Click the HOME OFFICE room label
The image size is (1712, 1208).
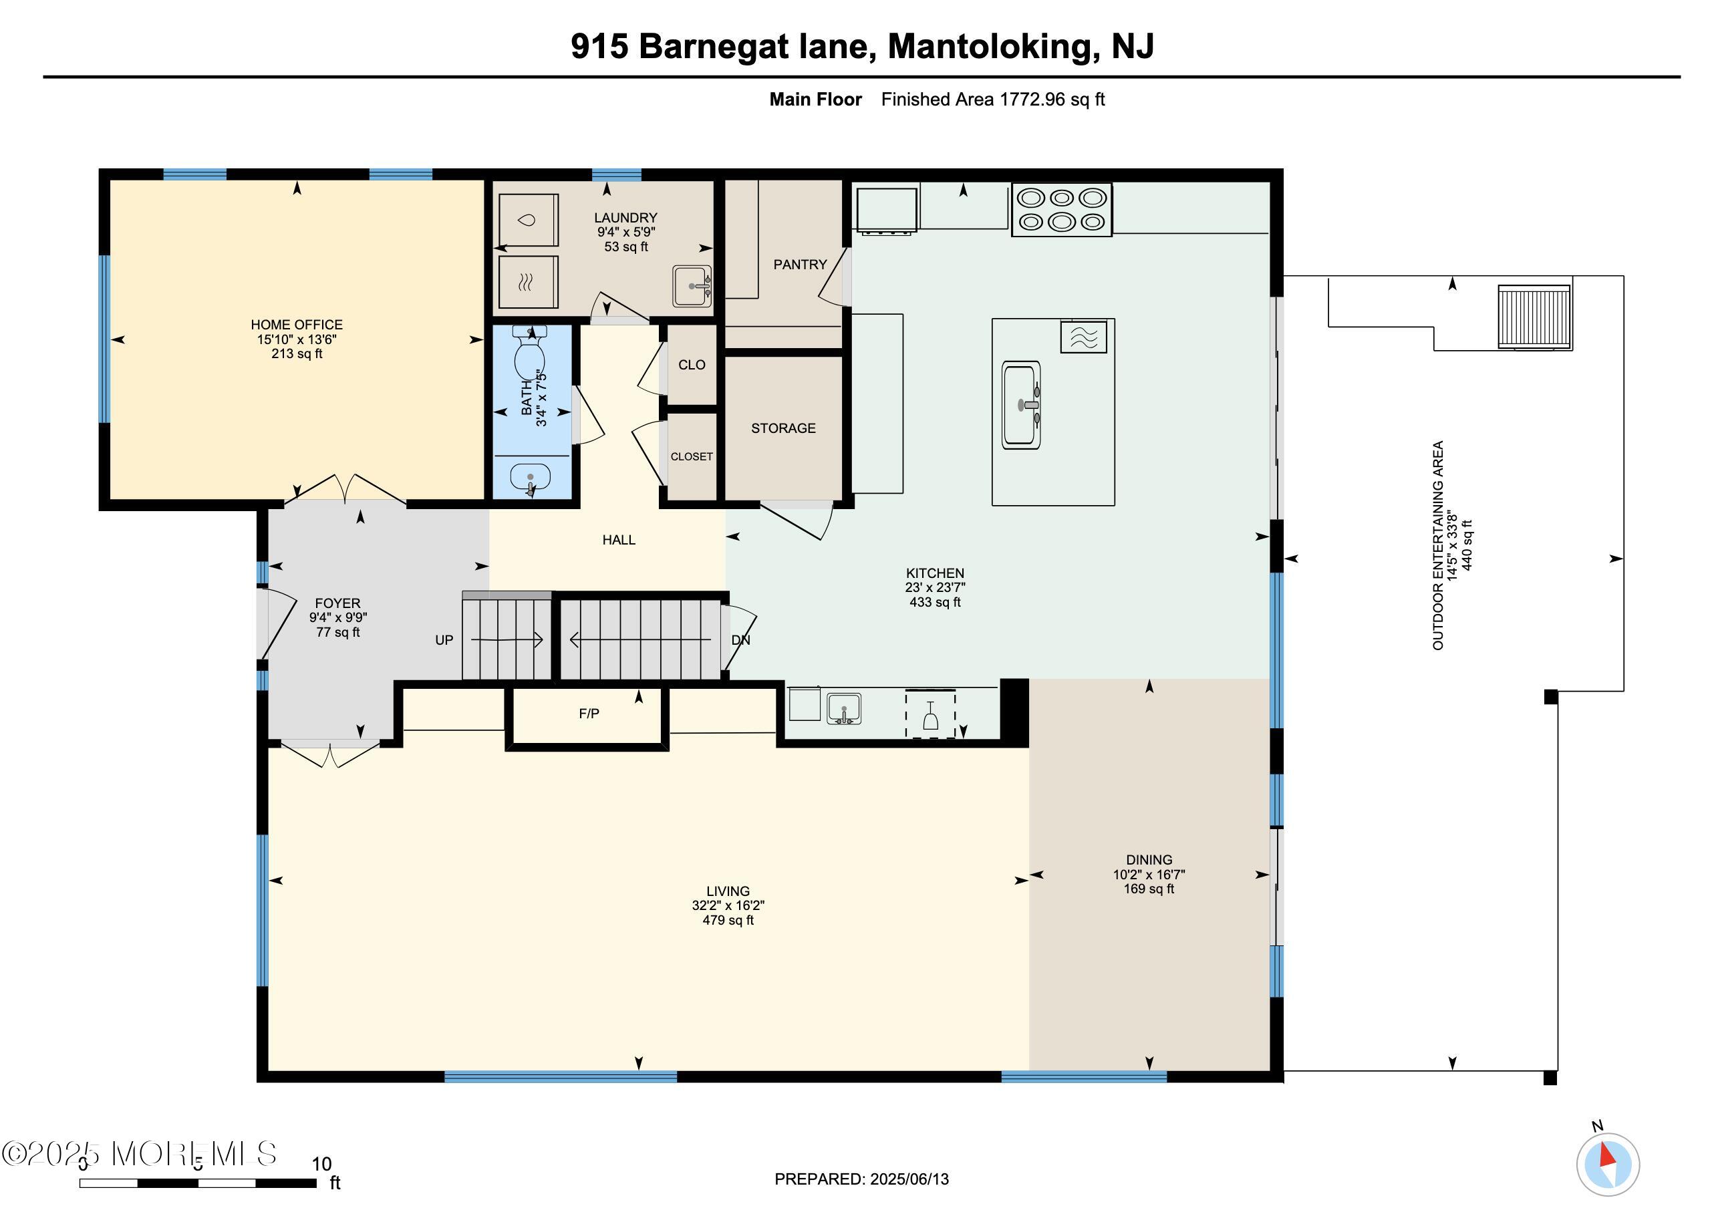click(296, 324)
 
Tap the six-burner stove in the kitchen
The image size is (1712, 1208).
click(1061, 210)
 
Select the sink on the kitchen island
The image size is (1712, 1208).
click(1021, 405)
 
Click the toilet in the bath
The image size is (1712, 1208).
click(529, 355)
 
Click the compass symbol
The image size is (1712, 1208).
click(1608, 1165)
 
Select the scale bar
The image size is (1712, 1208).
click(198, 1183)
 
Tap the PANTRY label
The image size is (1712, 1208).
click(799, 265)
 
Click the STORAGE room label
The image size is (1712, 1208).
click(783, 428)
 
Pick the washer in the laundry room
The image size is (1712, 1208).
click(528, 220)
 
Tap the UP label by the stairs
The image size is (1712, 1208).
click(444, 640)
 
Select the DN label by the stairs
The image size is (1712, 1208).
click(740, 640)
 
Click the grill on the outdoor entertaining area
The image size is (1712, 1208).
click(1534, 316)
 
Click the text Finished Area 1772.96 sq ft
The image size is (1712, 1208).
click(992, 99)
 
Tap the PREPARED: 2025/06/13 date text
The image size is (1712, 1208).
click(861, 1179)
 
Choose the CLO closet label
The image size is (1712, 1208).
click(691, 365)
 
